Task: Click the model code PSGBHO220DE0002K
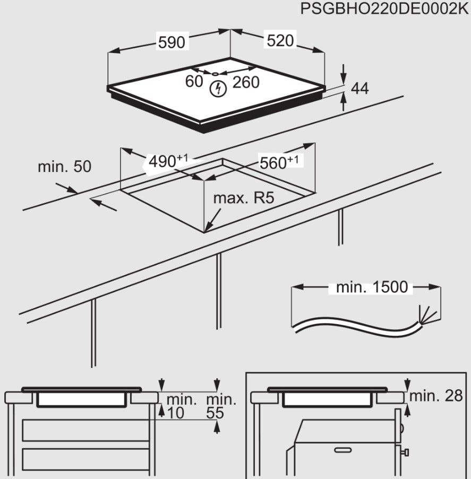pyautogui.click(x=384, y=8)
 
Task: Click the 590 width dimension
pyautogui.click(x=172, y=42)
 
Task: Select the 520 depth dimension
pyautogui.click(x=280, y=40)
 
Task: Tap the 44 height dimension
pyautogui.click(x=359, y=89)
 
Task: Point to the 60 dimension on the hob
pyautogui.click(x=194, y=81)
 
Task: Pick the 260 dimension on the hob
pyautogui.click(x=246, y=82)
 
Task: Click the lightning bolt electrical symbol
pyautogui.click(x=218, y=89)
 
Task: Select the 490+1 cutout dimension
pyautogui.click(x=168, y=161)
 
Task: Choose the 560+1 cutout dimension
pyautogui.click(x=279, y=162)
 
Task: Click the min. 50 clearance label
pyautogui.click(x=65, y=167)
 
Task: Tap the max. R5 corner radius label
pyautogui.click(x=244, y=198)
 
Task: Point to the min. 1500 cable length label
pyautogui.click(x=372, y=287)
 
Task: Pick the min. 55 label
pyautogui.click(x=221, y=406)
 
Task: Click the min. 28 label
pyautogui.click(x=436, y=396)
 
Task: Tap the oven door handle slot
pyautogui.click(x=343, y=450)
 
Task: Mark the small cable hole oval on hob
pyautogui.click(x=215, y=74)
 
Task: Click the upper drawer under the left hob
pyautogui.click(x=85, y=430)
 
